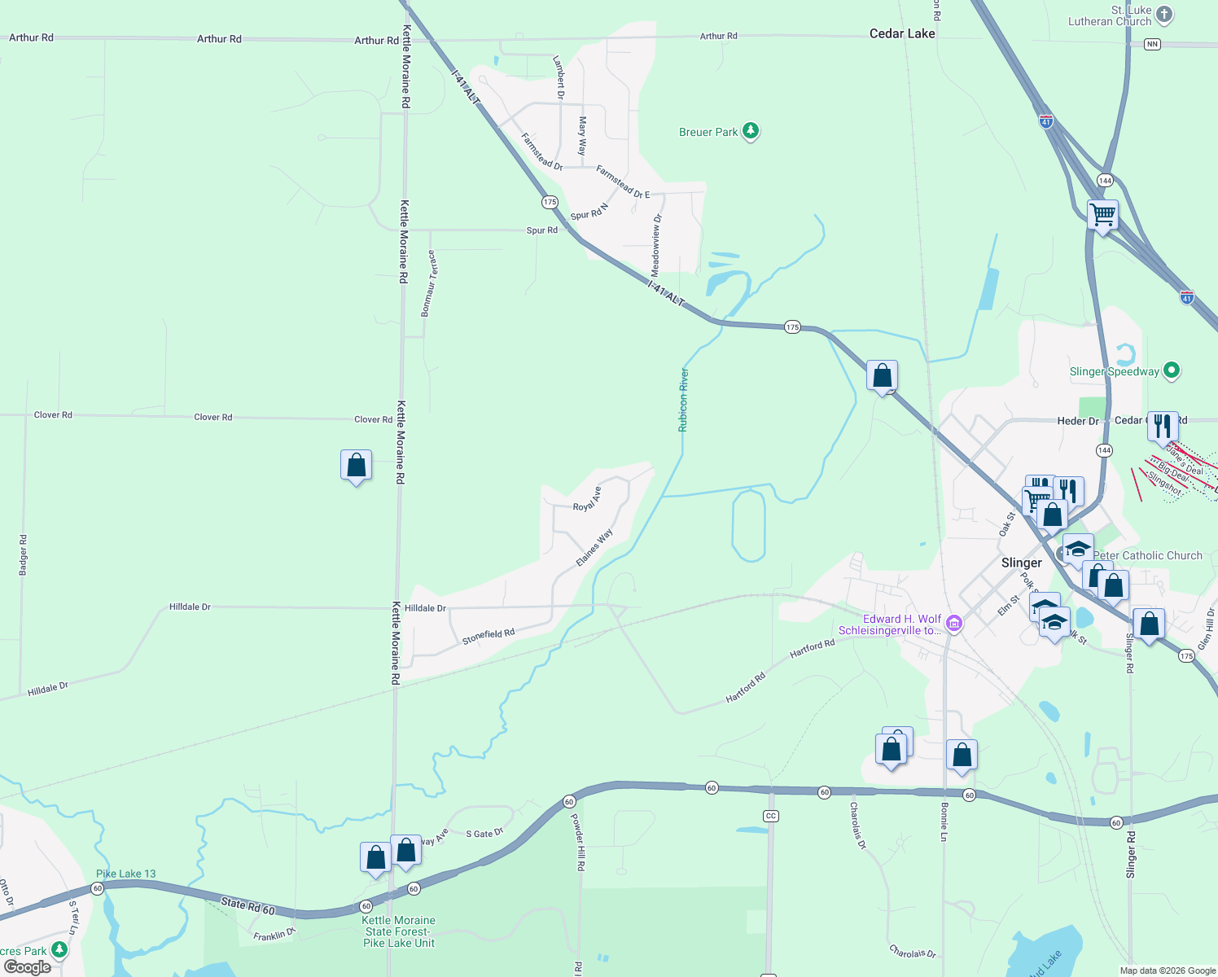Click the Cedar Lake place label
coord(902,33)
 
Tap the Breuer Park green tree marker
coord(751,131)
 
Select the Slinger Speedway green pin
coord(1172,371)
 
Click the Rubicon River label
coord(684,399)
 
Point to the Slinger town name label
coord(1021,563)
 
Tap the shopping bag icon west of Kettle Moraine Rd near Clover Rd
coord(357,466)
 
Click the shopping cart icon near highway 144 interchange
coord(1102,216)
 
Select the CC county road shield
coord(771,816)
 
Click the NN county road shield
coord(1151,44)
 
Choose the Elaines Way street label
coord(594,548)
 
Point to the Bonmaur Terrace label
coord(429,283)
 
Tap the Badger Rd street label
coord(23,555)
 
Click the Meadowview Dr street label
coord(656,244)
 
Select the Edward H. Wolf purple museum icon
coord(954,624)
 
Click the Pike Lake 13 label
coord(125,874)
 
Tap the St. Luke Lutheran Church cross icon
coord(1164,14)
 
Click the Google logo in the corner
coord(28,967)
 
